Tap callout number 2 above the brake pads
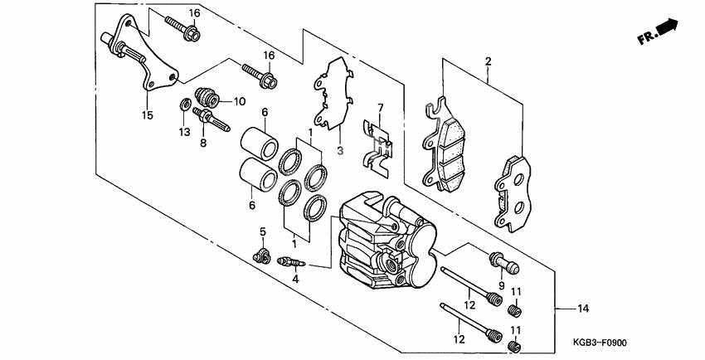click(x=488, y=61)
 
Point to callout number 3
click(x=338, y=150)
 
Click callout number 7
click(x=380, y=108)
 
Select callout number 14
click(x=584, y=309)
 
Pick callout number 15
click(x=148, y=115)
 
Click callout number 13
click(x=184, y=131)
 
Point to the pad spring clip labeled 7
click(x=378, y=150)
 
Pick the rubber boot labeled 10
click(x=207, y=98)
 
